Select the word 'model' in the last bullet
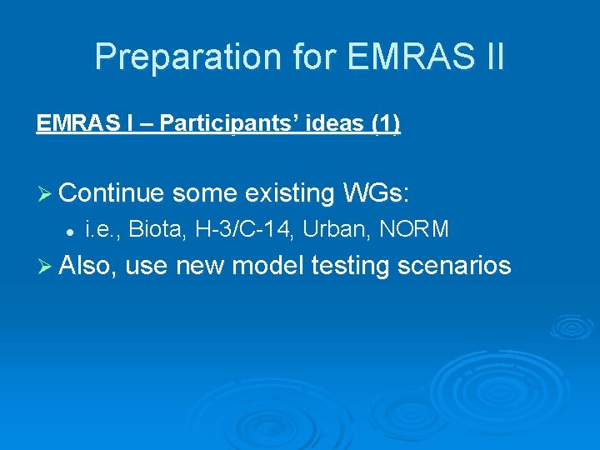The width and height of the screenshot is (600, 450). tap(268, 266)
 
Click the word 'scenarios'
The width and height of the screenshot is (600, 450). tap(454, 266)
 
